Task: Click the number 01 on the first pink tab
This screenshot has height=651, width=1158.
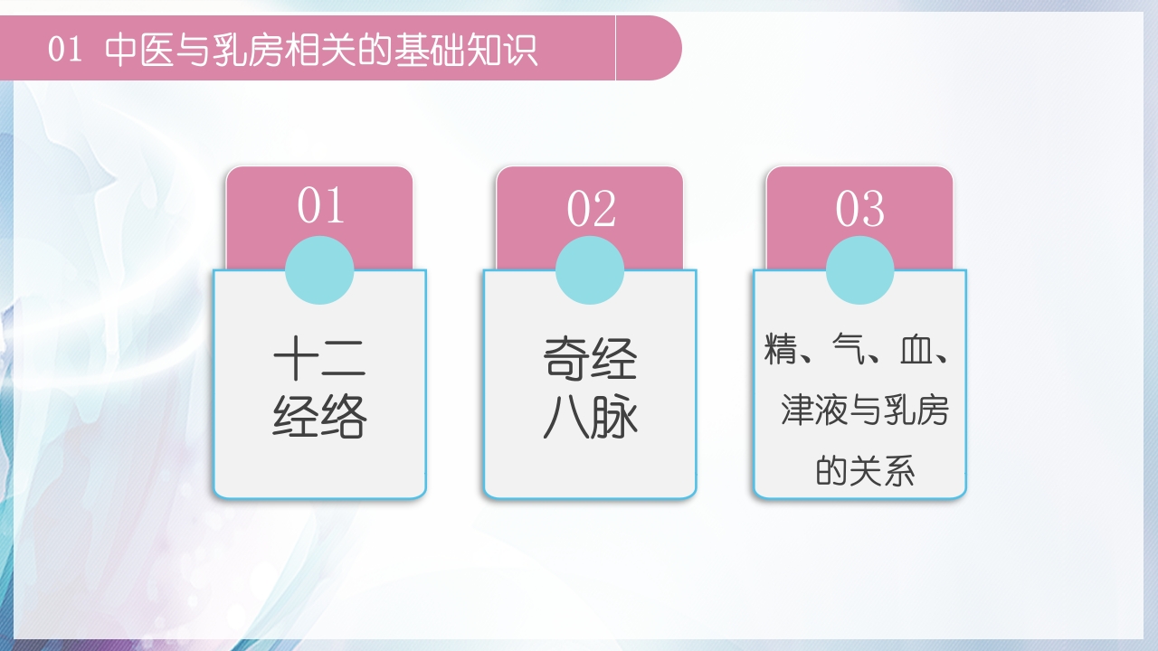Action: click(x=321, y=206)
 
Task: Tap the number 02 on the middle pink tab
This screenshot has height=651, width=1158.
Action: click(x=591, y=209)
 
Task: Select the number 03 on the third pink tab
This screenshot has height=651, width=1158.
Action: click(x=859, y=209)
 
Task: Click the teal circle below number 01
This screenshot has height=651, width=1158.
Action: click(x=319, y=270)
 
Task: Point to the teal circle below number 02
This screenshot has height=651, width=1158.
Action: click(x=590, y=270)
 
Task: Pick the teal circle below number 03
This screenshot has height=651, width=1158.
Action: click(x=859, y=270)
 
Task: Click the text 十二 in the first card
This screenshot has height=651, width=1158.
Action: click(x=319, y=358)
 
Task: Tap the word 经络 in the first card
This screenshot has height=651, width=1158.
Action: click(x=319, y=417)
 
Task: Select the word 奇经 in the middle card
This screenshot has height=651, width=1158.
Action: click(x=590, y=358)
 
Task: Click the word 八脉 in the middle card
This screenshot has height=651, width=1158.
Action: click(x=590, y=418)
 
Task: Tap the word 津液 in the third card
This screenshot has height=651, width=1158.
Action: click(x=815, y=411)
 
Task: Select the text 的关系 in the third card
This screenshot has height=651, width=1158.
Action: click(x=865, y=471)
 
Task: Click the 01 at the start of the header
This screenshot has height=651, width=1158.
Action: click(x=65, y=50)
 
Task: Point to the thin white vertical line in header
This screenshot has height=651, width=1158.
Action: click(x=615, y=47)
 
